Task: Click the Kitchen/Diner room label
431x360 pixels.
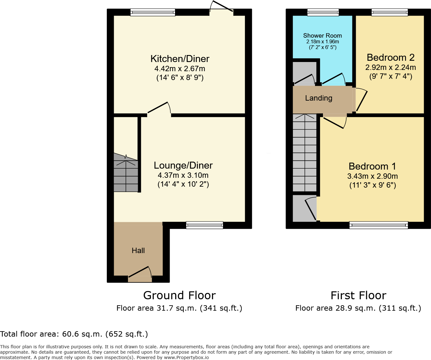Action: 180,59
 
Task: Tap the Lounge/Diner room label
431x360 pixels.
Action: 183,165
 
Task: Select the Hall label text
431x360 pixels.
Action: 138,251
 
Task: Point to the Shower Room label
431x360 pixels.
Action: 322,36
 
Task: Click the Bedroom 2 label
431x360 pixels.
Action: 390,58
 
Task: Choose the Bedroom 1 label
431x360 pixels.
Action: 372,166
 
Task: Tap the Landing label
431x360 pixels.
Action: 319,98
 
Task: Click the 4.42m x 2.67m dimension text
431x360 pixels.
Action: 180,69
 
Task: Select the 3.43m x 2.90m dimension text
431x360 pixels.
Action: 372,176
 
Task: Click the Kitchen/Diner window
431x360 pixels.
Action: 153,12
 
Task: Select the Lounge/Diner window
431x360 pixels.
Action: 204,225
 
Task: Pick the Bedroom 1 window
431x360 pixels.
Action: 379,225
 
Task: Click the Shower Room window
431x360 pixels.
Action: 323,12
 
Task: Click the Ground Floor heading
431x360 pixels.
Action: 179,295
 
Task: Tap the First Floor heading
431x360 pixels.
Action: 358,295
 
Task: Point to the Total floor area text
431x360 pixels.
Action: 74,334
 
